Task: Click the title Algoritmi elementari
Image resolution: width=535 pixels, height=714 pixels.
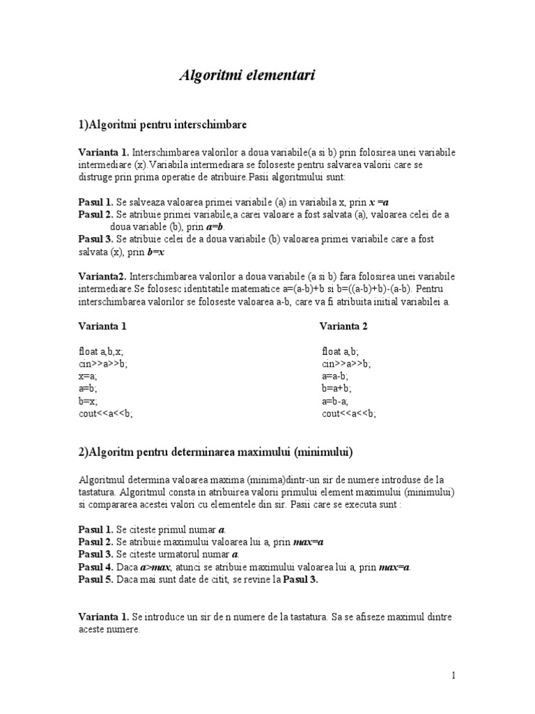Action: [247, 76]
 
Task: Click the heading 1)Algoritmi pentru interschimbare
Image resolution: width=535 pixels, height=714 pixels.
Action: [162, 125]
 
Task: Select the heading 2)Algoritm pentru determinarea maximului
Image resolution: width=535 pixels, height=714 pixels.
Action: [216, 453]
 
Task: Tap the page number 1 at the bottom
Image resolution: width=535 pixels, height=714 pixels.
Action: [453, 675]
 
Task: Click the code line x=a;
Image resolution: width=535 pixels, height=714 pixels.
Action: [88, 376]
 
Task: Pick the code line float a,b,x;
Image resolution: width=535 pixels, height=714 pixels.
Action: [102, 351]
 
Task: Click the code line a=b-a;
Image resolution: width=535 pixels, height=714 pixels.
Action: [336, 401]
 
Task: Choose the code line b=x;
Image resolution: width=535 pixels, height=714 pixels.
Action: [88, 401]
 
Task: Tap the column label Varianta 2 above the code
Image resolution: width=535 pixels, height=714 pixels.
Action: [343, 326]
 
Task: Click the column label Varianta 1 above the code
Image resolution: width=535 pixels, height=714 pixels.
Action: [102, 326]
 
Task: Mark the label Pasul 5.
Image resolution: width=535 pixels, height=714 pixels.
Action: [95, 579]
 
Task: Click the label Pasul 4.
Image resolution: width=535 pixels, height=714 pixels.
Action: [95, 567]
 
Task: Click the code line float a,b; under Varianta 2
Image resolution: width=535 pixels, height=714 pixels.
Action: [341, 351]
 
